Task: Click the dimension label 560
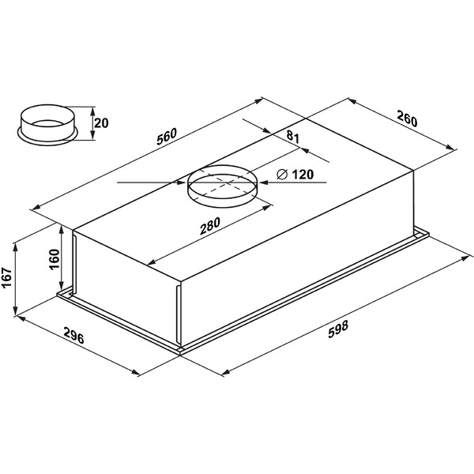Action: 166,137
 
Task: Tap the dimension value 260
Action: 407,118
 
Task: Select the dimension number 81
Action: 292,137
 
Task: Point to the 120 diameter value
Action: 303,175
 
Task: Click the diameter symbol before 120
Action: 282,175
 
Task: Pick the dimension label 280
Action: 210,226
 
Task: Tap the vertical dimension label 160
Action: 55,259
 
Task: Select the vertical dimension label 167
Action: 6,278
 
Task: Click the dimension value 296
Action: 73,335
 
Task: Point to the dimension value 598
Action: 338,329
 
